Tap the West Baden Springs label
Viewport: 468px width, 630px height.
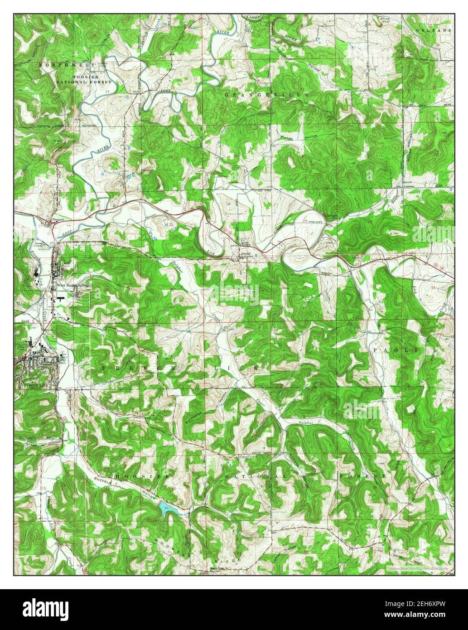(x=74, y=286)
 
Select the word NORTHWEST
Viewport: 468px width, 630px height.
(x=67, y=65)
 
